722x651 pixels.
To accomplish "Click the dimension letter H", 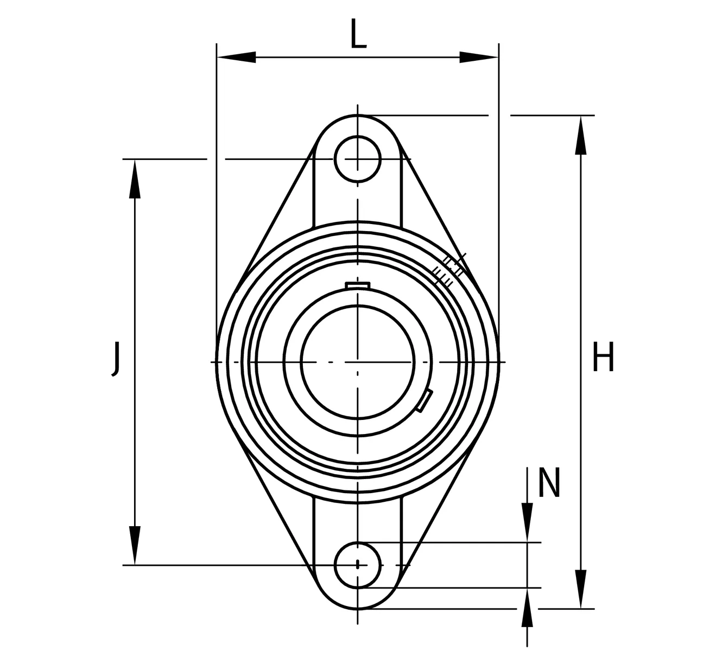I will pyautogui.click(x=603, y=358).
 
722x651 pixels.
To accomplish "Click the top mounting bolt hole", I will pyautogui.click(x=358, y=159).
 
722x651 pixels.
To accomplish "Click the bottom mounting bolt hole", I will pyautogui.click(x=358, y=565).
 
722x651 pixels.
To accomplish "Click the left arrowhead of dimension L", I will pyautogui.click(x=236, y=57).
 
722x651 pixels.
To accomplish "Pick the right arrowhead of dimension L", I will pyautogui.click(x=479, y=57).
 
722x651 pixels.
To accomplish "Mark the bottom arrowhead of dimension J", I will pyautogui.click(x=135, y=546).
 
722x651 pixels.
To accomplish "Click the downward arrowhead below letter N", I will pyautogui.click(x=527, y=523).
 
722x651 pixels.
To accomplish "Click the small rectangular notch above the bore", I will pyautogui.click(x=358, y=285).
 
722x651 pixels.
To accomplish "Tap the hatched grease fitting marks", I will pyautogui.click(x=450, y=270).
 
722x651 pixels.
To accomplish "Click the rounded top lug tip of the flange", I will pyautogui.click(x=358, y=118).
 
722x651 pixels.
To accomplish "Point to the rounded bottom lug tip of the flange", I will pyautogui.click(x=358, y=605).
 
